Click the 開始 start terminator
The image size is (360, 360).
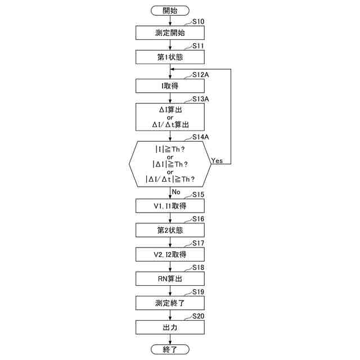pos(170,10)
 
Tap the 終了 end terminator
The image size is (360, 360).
pos(170,350)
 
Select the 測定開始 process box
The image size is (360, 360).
pos(170,33)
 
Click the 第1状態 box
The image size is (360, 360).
pos(170,57)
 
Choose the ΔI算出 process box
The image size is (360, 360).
pos(170,116)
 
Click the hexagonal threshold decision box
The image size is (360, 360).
pos(170,164)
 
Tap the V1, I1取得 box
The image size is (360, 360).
pos(170,206)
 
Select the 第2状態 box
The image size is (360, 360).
pos(170,230)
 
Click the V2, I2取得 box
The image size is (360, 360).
pos(170,254)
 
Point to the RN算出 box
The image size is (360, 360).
pos(170,278)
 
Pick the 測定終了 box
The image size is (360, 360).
pos(170,303)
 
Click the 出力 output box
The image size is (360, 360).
pos(170,327)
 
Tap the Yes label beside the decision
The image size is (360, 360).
pos(217,160)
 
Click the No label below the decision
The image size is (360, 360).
pos(176,192)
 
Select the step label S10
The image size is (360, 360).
pos(198,21)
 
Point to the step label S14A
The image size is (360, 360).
pos(201,137)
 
